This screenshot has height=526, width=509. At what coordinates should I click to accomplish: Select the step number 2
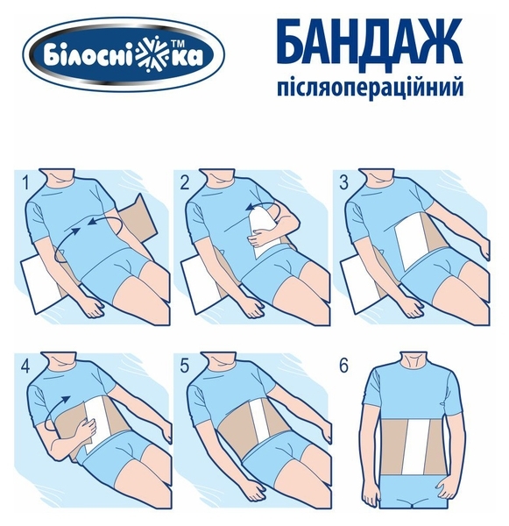pyautogui.click(x=185, y=183)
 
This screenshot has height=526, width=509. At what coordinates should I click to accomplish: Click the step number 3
pyautogui.click(x=345, y=183)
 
